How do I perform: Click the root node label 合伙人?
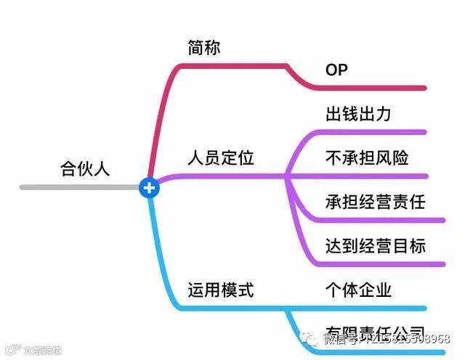(x=84, y=169)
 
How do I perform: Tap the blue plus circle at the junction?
(x=149, y=188)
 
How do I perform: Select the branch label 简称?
(x=204, y=48)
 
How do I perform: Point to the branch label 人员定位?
(x=221, y=157)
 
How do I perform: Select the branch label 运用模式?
(x=221, y=290)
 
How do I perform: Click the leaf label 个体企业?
(x=359, y=290)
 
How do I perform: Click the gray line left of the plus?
(x=80, y=187)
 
